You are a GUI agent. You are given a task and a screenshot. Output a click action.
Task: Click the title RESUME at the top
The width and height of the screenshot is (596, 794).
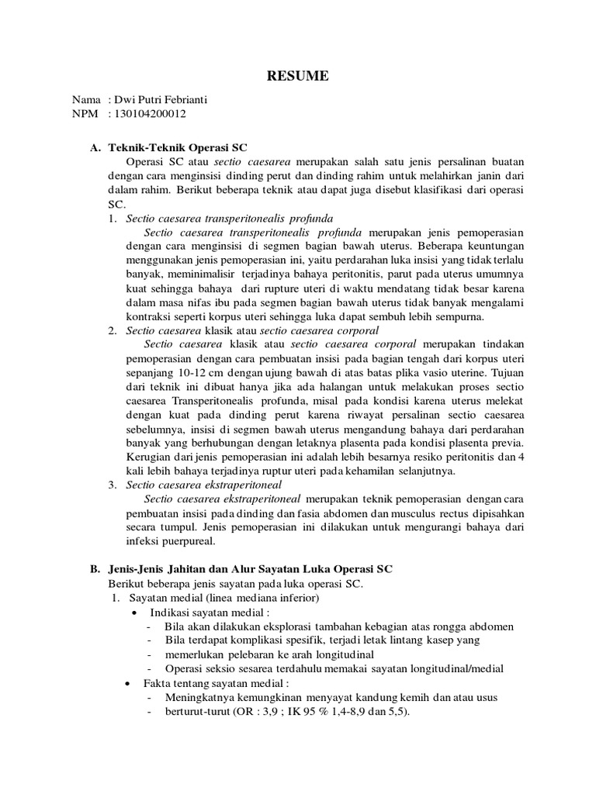(x=298, y=76)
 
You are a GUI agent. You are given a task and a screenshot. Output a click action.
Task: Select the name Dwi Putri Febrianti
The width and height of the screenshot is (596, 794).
(x=161, y=100)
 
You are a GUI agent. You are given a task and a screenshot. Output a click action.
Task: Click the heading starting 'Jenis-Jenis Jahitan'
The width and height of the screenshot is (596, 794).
(x=248, y=568)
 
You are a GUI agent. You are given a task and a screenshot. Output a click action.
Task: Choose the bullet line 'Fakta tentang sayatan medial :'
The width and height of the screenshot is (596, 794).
(x=216, y=682)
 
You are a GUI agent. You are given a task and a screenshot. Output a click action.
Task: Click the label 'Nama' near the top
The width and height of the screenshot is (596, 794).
(x=86, y=100)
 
